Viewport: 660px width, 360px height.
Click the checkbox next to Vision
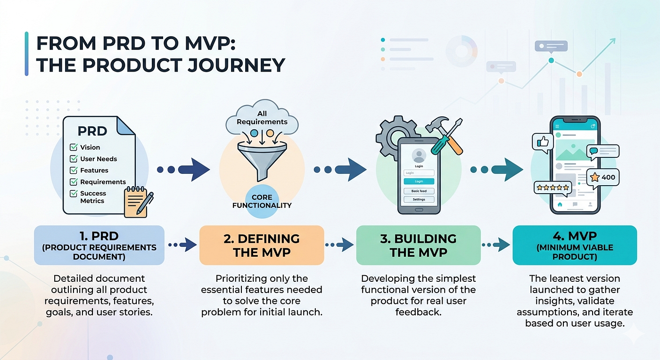point(74,147)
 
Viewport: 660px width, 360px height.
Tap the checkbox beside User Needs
point(74,159)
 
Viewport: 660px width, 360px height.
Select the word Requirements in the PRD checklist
point(103,182)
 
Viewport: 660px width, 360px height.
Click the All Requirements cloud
point(262,118)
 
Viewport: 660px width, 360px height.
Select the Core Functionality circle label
point(262,201)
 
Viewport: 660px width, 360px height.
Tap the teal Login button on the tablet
point(419,181)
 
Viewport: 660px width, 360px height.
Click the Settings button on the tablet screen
point(419,199)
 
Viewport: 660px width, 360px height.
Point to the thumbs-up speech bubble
point(543,143)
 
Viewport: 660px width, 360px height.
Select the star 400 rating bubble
point(602,178)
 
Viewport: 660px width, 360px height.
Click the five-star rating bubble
point(553,188)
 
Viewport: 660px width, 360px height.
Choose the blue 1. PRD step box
point(99,245)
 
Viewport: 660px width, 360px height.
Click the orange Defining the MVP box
point(262,245)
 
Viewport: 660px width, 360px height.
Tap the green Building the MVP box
point(419,245)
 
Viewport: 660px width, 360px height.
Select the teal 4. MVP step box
point(575,245)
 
